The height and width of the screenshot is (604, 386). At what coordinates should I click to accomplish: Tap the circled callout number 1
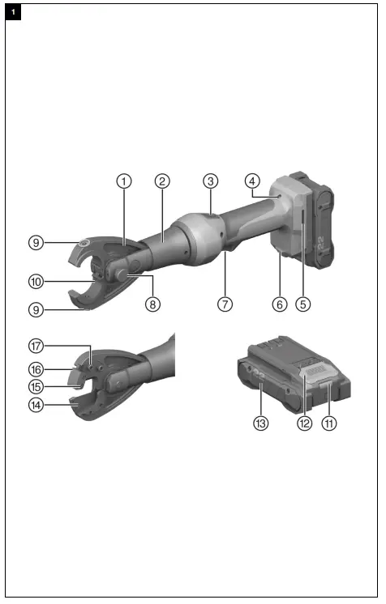pyautogui.click(x=123, y=181)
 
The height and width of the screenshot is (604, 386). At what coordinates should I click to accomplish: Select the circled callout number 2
pyautogui.click(x=162, y=181)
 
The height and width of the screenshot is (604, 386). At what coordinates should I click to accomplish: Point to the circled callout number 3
pyautogui.click(x=210, y=181)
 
